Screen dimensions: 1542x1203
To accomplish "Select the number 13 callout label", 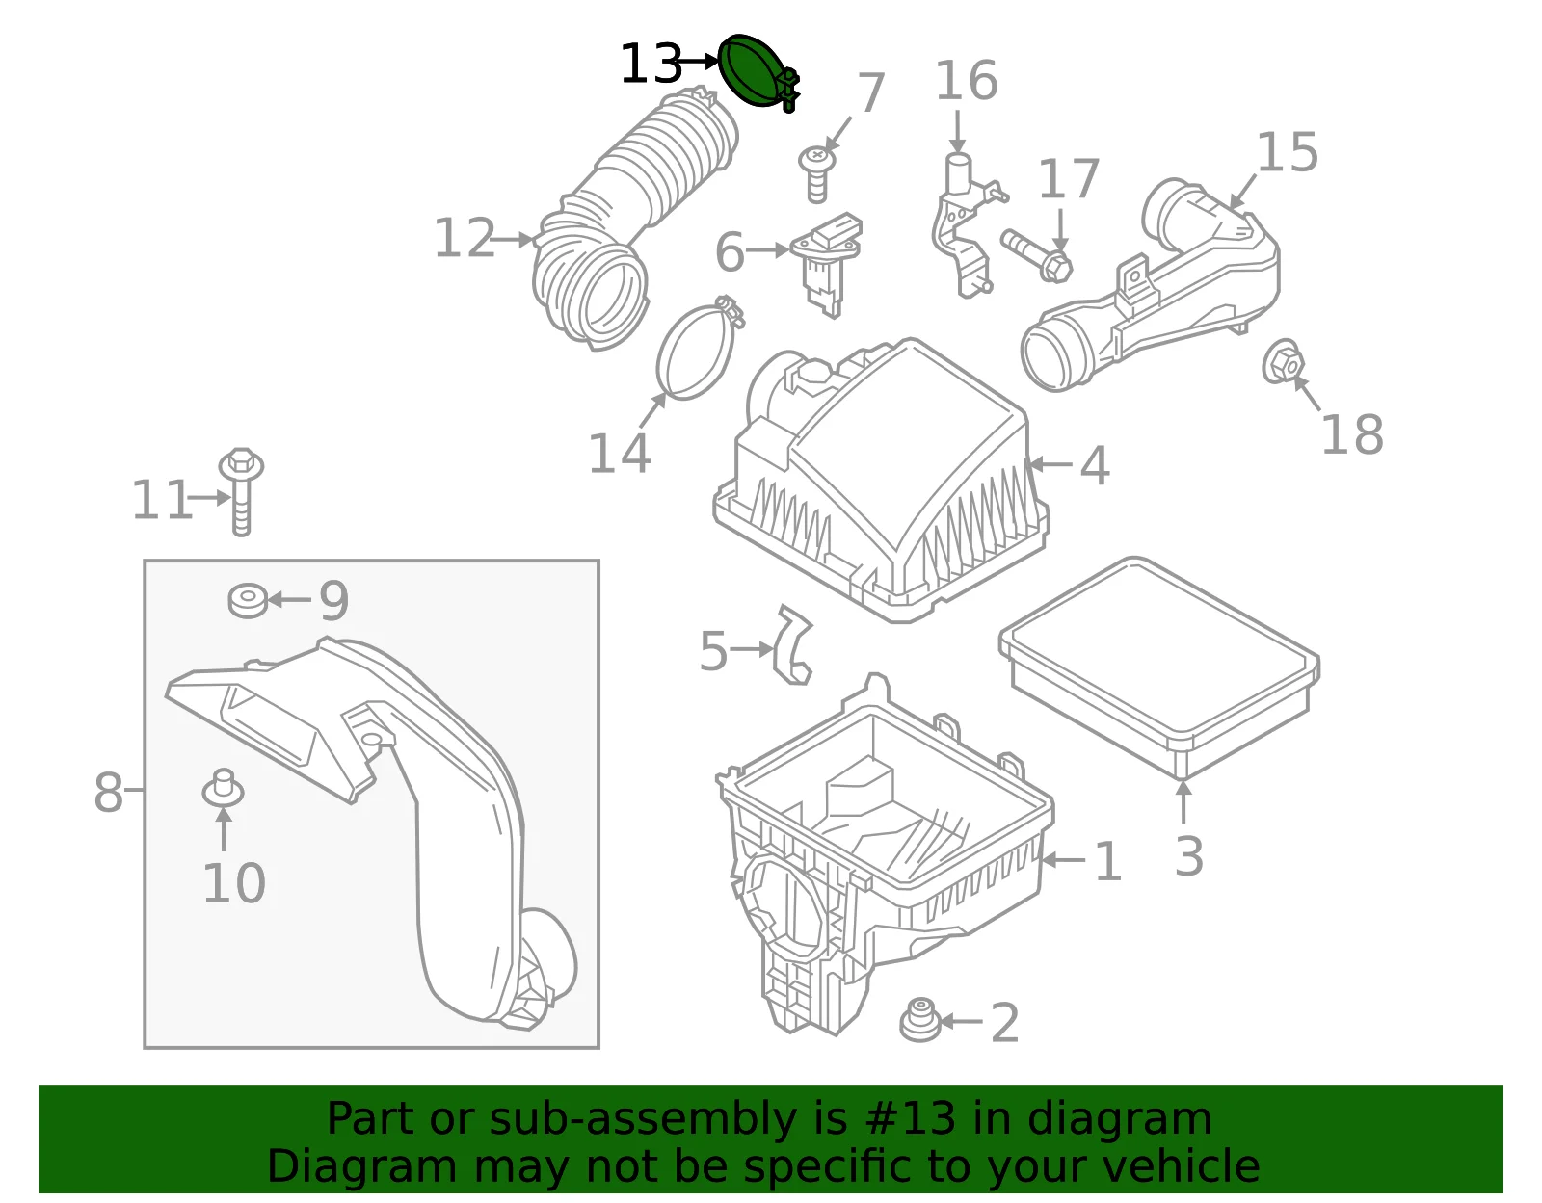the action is coord(651,64).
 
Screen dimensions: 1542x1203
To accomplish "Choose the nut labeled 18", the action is coord(1283,363).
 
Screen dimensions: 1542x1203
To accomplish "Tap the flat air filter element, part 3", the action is coord(1158,667).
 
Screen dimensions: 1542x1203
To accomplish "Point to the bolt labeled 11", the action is coord(241,492).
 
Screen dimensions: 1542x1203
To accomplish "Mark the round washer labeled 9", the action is coord(248,600).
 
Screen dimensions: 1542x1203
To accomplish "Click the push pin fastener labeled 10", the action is coord(223,788).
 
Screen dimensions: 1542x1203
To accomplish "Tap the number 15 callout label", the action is coord(1288,152).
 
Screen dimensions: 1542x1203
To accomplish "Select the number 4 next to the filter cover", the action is coord(1094,466).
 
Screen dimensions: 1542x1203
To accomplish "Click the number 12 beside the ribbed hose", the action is coord(465,238).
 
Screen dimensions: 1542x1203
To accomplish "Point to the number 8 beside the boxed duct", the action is coord(108,792).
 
